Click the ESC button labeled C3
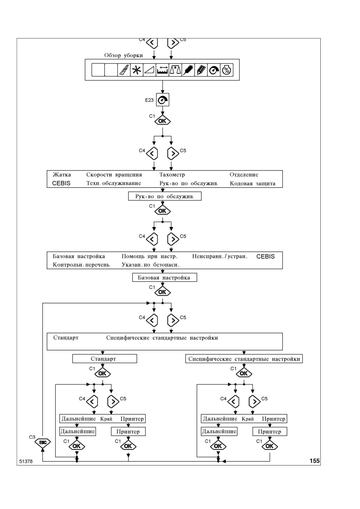point(43,442)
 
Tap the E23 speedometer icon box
point(163,100)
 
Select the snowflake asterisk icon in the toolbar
point(136,70)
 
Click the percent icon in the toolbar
point(227,70)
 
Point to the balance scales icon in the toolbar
point(175,70)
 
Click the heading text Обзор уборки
point(124,55)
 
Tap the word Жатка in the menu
point(61,174)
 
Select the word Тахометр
point(172,174)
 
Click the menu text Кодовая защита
point(252,183)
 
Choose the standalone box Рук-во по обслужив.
point(165,196)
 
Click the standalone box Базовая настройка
point(165,277)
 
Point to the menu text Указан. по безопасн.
point(150,265)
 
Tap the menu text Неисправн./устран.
point(220,256)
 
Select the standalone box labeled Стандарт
point(105,359)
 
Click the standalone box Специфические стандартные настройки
point(244,359)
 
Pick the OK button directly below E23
point(163,121)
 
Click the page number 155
point(315,461)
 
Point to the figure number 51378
point(26,461)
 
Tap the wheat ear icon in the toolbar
point(188,70)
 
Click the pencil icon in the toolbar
point(201,70)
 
